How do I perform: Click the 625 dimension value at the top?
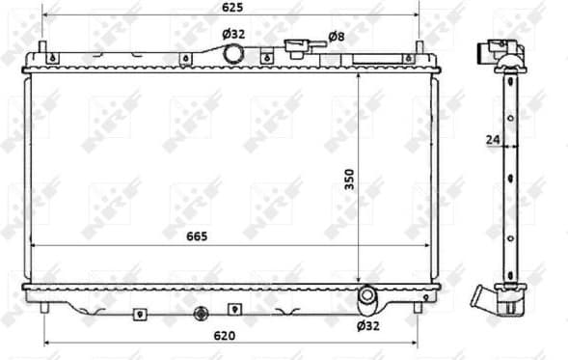click(x=230, y=8)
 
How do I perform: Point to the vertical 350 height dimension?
click(x=351, y=180)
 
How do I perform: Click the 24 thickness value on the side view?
click(x=492, y=140)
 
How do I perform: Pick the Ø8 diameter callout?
click(x=336, y=36)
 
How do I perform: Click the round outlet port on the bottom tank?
click(x=367, y=296)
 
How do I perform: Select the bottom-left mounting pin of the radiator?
click(x=44, y=307)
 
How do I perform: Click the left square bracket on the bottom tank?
click(x=141, y=312)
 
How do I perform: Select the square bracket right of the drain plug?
click(x=233, y=310)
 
